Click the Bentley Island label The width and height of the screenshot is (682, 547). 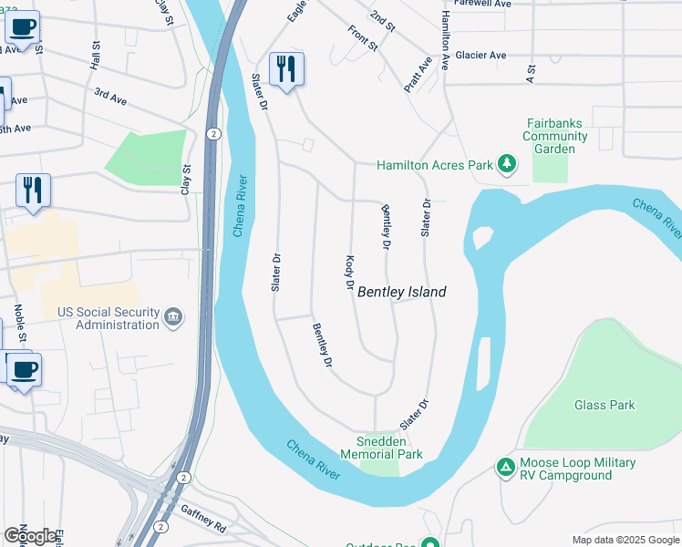pyautogui.click(x=401, y=292)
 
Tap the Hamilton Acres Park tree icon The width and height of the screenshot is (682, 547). pyautogui.click(x=507, y=165)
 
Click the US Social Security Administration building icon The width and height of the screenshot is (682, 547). pyautogui.click(x=173, y=318)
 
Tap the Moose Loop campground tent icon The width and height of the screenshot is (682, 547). pyautogui.click(x=505, y=467)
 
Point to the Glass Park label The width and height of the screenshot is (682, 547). pyautogui.click(x=604, y=405)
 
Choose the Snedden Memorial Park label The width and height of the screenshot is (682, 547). pyautogui.click(x=381, y=447)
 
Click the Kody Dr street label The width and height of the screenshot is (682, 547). pyautogui.click(x=348, y=273)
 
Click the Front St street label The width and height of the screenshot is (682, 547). pyautogui.click(x=363, y=36)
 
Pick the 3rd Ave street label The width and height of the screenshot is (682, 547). pyautogui.click(x=109, y=96)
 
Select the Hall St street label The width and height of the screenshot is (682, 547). pyautogui.click(x=95, y=56)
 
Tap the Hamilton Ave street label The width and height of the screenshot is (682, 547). pyautogui.click(x=446, y=36)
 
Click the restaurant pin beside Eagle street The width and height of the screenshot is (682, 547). pyautogui.click(x=286, y=69)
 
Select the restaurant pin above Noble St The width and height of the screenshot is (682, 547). pyautogui.click(x=33, y=191)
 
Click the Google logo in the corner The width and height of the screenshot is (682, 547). pyautogui.click(x=31, y=536)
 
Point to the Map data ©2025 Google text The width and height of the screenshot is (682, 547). pyautogui.click(x=625, y=540)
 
